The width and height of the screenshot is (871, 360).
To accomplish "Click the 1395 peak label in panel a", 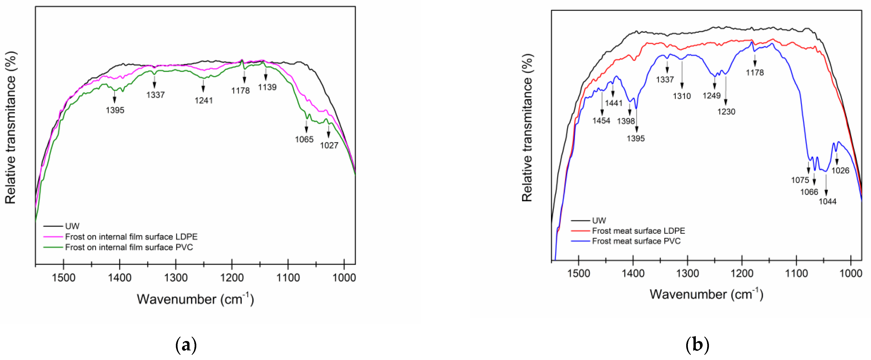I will click(x=115, y=110).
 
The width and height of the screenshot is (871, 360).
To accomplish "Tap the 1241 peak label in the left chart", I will click(x=204, y=100).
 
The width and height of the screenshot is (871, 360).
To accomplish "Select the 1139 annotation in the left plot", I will click(x=267, y=87).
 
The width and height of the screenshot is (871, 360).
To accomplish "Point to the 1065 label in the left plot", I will click(x=304, y=139).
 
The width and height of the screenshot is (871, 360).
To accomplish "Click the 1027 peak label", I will click(x=329, y=145).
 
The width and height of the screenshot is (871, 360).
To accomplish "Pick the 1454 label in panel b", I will click(x=601, y=121).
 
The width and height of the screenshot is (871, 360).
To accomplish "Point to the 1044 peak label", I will click(x=827, y=201).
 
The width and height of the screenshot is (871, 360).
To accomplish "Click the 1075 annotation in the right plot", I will click(x=800, y=180).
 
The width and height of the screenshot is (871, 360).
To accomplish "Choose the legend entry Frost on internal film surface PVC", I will click(x=129, y=247).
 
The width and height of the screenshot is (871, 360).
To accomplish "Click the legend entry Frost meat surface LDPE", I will click(x=638, y=231).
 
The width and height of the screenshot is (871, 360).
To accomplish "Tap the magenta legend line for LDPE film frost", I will click(x=53, y=237).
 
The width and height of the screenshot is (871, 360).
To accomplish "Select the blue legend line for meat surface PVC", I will click(x=580, y=241).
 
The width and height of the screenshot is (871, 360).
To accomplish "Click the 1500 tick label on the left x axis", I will click(x=64, y=278).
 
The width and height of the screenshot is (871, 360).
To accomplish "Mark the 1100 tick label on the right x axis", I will click(x=796, y=273).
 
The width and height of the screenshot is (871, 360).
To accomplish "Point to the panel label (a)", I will click(x=186, y=345).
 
